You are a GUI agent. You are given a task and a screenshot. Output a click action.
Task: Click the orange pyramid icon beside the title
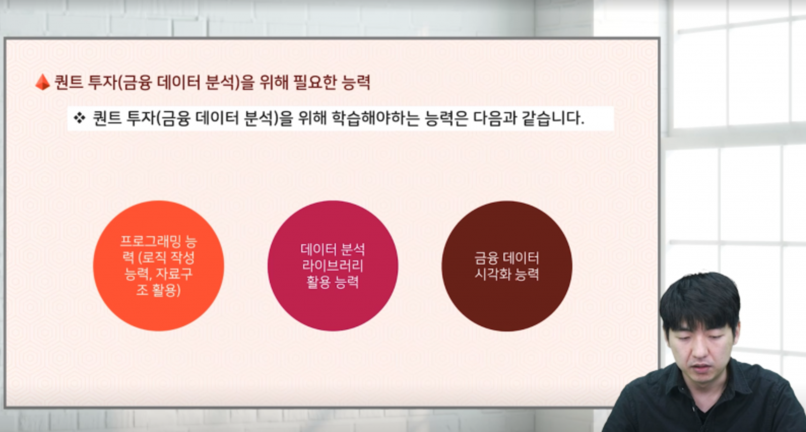pyautogui.click(x=43, y=82)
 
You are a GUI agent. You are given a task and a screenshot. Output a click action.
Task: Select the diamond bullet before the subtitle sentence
pyautogui.click(x=80, y=118)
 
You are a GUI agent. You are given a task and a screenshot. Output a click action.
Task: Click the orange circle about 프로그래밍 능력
pyautogui.click(x=158, y=266)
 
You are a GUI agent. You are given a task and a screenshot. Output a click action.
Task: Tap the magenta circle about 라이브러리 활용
pyautogui.click(x=333, y=266)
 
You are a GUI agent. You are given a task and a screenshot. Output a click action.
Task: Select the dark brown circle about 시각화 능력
pyautogui.click(x=507, y=266)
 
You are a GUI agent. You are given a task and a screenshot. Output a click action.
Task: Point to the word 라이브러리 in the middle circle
pyautogui.click(x=333, y=266)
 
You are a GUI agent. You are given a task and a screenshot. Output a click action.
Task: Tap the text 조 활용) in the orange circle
pyautogui.click(x=158, y=290)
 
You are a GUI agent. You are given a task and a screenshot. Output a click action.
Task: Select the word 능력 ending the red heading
pyautogui.click(x=356, y=82)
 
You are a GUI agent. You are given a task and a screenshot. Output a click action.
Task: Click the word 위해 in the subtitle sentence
pyautogui.click(x=312, y=118)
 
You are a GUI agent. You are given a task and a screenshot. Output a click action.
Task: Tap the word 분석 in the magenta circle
pyautogui.click(x=352, y=249)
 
